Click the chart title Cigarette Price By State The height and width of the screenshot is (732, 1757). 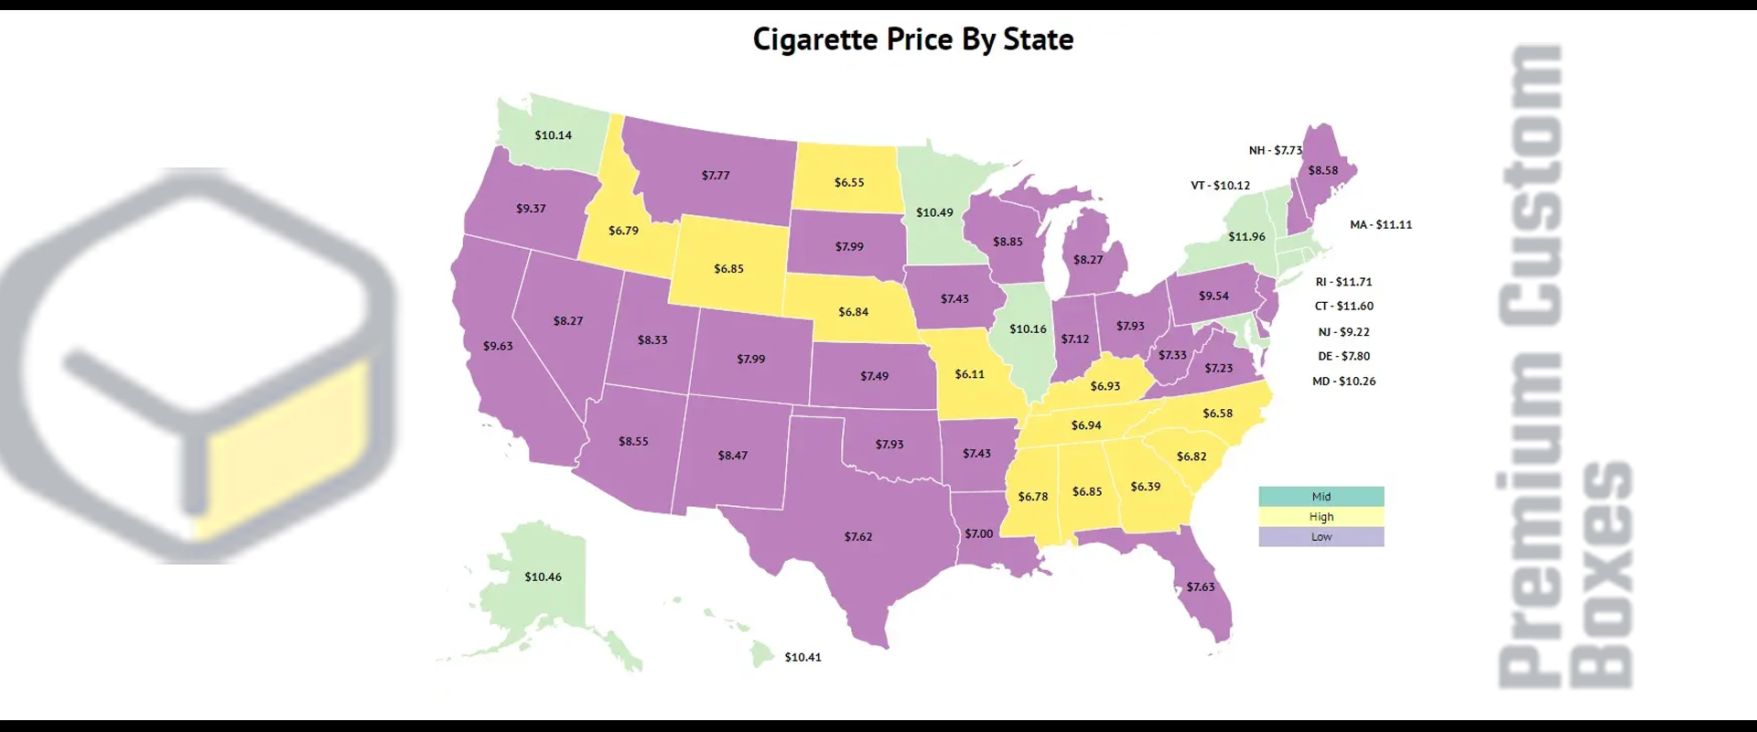click(912, 39)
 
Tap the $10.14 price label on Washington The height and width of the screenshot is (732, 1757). click(553, 135)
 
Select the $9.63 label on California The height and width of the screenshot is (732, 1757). click(498, 346)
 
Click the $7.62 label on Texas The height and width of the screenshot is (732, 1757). click(857, 537)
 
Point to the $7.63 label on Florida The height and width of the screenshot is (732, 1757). click(1200, 587)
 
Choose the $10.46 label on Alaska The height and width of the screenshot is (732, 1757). click(543, 577)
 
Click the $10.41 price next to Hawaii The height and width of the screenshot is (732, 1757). click(803, 657)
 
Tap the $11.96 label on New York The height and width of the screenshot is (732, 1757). click(1246, 237)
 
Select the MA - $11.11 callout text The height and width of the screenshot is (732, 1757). click(1380, 225)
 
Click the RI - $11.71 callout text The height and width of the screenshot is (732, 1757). click(1343, 282)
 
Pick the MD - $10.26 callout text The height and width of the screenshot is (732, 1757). click(1343, 382)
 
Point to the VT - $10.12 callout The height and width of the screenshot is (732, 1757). click(1220, 186)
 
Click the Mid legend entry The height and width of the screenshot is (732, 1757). click(1320, 497)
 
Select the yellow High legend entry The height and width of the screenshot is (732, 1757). click(1320, 517)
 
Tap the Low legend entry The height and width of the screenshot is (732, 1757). click(1320, 537)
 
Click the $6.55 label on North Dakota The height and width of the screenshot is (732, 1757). click(848, 183)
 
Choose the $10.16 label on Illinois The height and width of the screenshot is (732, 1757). click(1028, 329)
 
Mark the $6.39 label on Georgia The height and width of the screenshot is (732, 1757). click(1145, 487)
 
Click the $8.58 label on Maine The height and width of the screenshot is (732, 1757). click(1322, 171)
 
